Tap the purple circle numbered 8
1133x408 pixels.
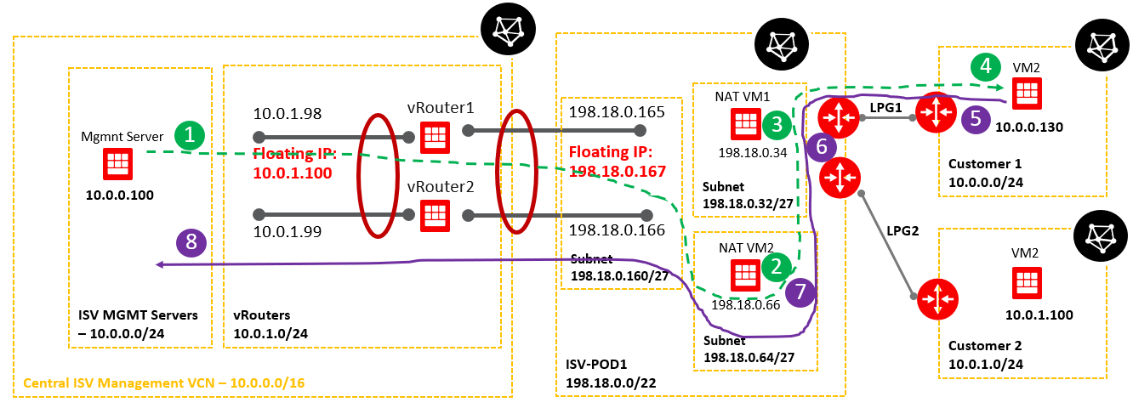pos(191,243)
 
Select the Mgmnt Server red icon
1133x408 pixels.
pos(117,164)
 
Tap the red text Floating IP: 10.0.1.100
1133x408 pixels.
pos(294,164)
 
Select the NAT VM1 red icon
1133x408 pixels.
pos(744,124)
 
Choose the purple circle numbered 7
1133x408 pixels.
pos(800,292)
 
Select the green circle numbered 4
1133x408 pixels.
pos(985,65)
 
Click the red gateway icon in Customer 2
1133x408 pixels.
pos(936,297)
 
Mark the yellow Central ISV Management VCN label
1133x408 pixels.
pos(163,384)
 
